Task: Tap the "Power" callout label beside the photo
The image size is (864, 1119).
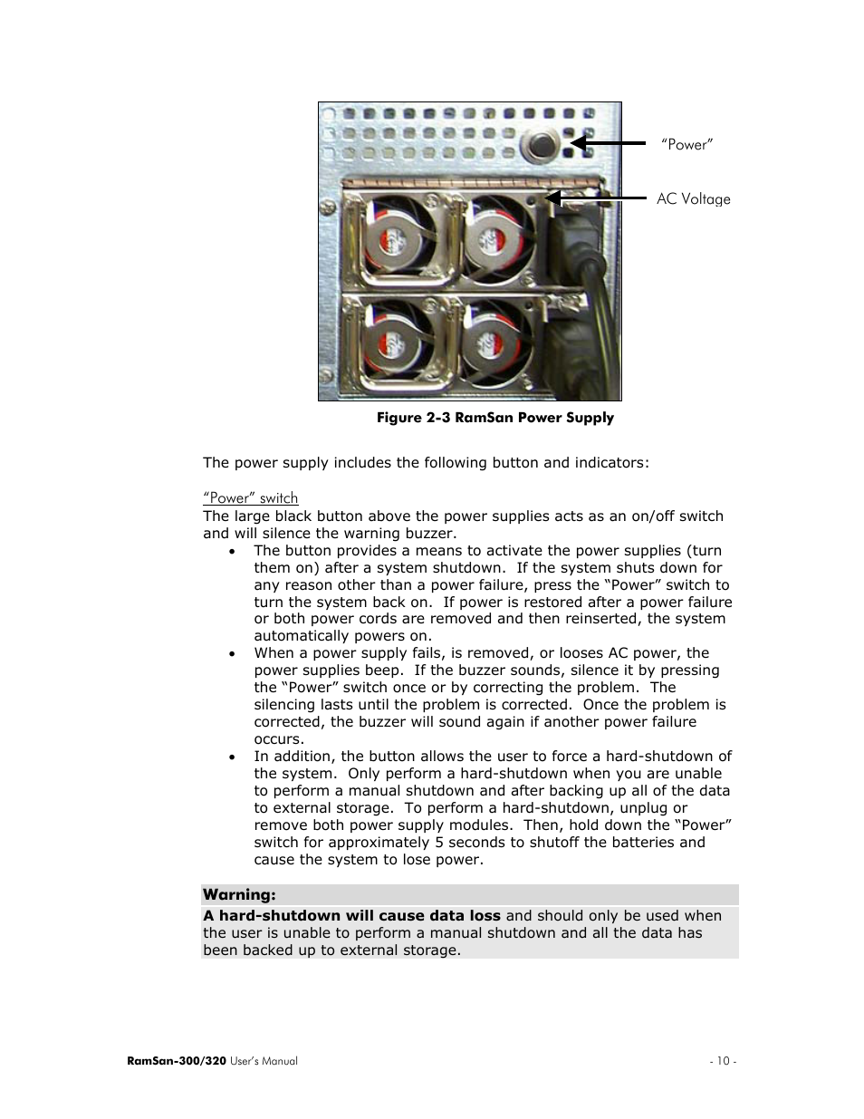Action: pos(686,145)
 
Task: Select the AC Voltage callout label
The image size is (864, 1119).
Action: pos(693,199)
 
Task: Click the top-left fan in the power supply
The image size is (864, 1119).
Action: pos(396,238)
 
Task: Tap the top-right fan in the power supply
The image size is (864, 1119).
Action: pos(497,238)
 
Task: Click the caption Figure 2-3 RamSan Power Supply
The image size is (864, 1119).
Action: pos(494,418)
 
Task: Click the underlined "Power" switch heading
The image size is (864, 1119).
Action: pos(250,498)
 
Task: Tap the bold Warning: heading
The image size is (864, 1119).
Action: pos(239,895)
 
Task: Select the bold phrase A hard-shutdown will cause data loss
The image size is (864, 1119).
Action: pos(351,916)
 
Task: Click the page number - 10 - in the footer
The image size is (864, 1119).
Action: pos(722,1061)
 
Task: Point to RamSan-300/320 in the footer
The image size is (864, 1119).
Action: pos(177,1061)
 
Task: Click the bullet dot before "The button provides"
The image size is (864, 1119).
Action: pos(233,551)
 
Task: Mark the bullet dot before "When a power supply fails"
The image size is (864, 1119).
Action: pos(233,653)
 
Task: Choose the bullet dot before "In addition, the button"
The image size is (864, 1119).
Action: pos(233,757)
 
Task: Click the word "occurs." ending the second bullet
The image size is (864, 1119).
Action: pos(279,739)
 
